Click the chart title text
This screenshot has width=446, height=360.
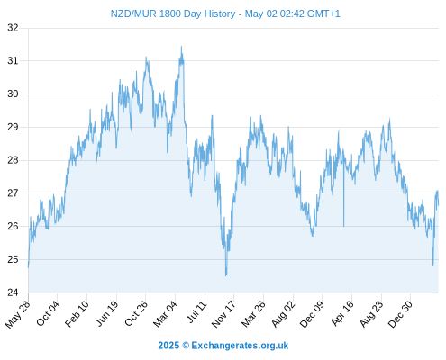click(225, 13)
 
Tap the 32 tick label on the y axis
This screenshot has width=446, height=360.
click(13, 28)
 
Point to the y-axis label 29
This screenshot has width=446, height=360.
click(13, 127)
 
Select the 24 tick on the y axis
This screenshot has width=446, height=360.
click(13, 292)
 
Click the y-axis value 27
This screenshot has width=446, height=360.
click(13, 193)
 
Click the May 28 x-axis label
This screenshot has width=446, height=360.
click(18, 314)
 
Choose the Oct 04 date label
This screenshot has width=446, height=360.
click(48, 313)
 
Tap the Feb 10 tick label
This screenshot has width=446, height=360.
click(77, 314)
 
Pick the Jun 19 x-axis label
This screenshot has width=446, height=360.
click(107, 313)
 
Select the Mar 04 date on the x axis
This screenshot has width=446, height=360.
click(166, 314)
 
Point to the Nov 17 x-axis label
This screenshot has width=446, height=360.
click(223, 314)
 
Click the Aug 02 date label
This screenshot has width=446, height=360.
click(283, 314)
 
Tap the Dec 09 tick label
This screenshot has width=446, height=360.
click(312, 314)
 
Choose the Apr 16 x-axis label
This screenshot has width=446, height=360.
click(342, 313)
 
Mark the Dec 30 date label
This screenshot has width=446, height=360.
click(401, 314)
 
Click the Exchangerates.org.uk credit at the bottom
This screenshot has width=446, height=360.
click(240, 346)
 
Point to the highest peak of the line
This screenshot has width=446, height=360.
click(181, 47)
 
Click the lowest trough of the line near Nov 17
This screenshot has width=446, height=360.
click(226, 275)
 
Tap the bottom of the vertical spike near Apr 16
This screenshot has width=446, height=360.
click(344, 226)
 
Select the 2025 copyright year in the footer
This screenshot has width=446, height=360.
click(168, 346)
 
